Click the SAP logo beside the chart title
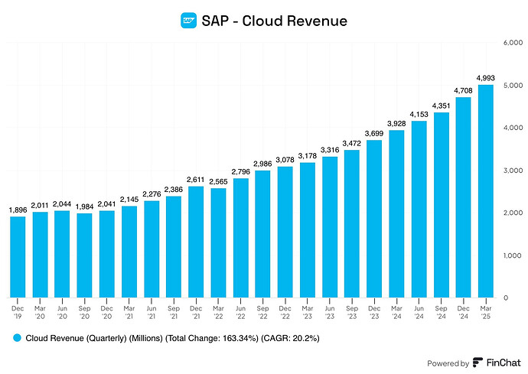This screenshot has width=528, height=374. (x=188, y=21)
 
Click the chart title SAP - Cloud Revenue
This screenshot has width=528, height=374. (x=274, y=21)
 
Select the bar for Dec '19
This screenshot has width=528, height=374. (x=18, y=256)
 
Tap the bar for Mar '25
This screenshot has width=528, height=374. (x=486, y=191)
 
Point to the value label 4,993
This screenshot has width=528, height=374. (x=486, y=76)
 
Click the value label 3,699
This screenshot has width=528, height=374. (x=374, y=132)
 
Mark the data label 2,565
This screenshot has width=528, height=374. (x=218, y=180)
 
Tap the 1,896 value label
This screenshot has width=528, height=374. (x=18, y=209)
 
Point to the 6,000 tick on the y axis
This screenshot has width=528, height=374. (x=512, y=42)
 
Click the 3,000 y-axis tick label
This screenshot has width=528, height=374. (x=512, y=170)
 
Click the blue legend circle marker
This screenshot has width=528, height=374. (x=16, y=337)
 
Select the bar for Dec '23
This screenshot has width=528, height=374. (x=374, y=218)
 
